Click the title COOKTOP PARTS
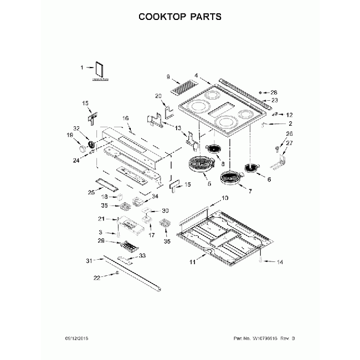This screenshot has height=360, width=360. click(x=179, y=16)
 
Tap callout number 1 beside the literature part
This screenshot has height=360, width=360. click(x=82, y=68)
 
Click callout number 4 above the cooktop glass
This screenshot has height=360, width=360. click(x=196, y=75)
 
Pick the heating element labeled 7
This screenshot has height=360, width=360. click(x=231, y=178)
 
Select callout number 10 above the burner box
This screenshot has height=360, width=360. click(x=225, y=198)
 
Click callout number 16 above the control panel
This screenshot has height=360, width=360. click(x=125, y=119)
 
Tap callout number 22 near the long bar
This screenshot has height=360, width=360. click(x=97, y=277)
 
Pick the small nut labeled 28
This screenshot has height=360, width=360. click(x=266, y=92)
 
